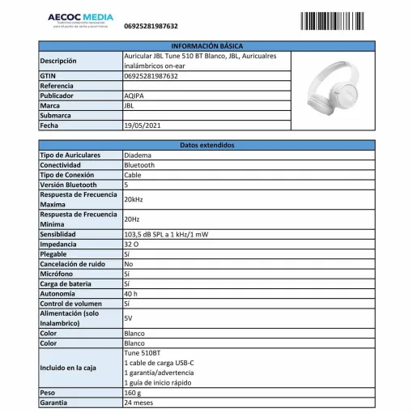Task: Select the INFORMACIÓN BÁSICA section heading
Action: click(x=207, y=46)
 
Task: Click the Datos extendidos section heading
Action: click(x=207, y=145)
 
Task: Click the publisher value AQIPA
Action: click(x=134, y=95)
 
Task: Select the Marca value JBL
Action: click(x=130, y=105)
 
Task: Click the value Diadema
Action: click(x=137, y=155)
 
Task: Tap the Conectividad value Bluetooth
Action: click(x=139, y=164)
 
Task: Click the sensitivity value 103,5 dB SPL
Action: click(x=165, y=234)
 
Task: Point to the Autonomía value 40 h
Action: click(x=131, y=293)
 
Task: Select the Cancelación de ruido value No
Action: click(x=128, y=263)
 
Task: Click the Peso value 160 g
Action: click(x=133, y=392)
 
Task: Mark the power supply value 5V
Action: click(x=128, y=318)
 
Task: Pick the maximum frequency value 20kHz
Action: click(x=134, y=199)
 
